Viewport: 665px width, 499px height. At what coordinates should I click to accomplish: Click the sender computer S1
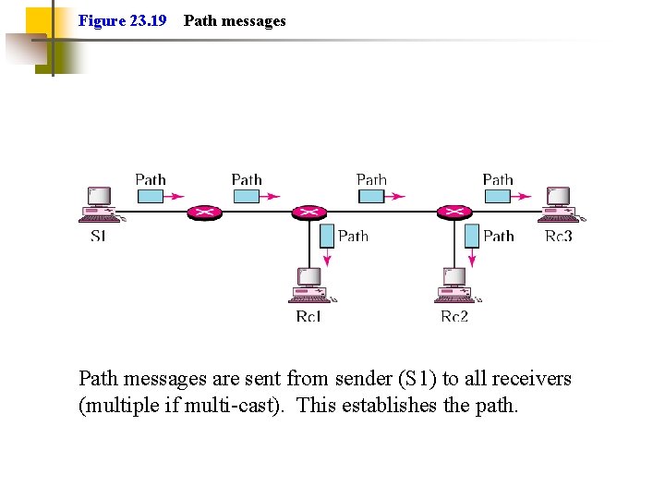click(x=100, y=204)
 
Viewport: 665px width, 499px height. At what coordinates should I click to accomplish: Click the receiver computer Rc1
click(x=310, y=286)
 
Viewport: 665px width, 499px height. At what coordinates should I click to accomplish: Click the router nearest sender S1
click(x=204, y=213)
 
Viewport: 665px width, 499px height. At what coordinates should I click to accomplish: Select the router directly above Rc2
click(x=453, y=213)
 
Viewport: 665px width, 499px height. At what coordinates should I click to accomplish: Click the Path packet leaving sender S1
click(x=151, y=196)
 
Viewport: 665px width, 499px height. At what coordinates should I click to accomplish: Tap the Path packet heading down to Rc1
click(x=326, y=236)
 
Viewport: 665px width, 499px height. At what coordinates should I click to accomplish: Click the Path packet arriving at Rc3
click(x=498, y=196)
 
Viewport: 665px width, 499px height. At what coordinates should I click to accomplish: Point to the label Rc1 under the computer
click(x=308, y=317)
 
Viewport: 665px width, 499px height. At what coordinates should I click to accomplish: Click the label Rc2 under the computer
click(x=454, y=317)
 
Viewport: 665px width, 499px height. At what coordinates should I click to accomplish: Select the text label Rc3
click(x=559, y=237)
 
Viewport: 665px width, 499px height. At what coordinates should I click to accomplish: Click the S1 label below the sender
click(x=98, y=237)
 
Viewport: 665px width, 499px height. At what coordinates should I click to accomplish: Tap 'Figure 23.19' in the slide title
click(x=123, y=20)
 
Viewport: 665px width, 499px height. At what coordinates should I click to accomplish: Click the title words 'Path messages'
click(x=235, y=20)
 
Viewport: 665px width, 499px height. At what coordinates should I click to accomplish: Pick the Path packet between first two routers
click(x=247, y=196)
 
